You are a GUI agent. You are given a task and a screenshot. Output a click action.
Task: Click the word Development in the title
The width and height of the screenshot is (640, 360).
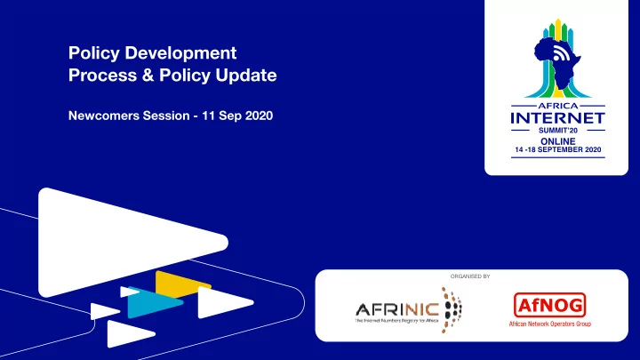[180, 53]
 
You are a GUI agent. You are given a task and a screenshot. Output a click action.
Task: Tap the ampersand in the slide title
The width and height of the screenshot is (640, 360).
[148, 75]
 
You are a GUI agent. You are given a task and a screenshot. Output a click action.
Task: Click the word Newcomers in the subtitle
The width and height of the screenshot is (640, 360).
[104, 116]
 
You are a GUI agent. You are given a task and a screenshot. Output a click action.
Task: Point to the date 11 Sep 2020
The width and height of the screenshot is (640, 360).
[237, 116]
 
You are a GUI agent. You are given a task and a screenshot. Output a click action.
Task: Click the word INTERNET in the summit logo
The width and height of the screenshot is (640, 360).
[558, 118]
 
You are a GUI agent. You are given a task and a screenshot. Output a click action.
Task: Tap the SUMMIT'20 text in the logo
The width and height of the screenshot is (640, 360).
[558, 131]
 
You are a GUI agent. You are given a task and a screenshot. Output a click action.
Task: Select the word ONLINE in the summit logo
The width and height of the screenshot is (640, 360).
[558, 141]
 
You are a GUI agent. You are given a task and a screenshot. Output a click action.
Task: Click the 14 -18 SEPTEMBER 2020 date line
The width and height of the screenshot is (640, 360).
[558, 150]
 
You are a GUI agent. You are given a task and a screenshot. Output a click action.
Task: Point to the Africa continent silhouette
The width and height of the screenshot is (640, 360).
[556, 61]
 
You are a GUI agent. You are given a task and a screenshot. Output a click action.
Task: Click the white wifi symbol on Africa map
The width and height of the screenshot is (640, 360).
[561, 53]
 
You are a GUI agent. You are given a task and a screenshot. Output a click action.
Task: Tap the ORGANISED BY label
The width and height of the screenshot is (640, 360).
[470, 276]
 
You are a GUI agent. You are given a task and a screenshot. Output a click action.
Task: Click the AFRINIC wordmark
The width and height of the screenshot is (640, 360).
[396, 310]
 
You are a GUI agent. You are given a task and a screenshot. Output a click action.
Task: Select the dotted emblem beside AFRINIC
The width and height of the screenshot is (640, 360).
[452, 310]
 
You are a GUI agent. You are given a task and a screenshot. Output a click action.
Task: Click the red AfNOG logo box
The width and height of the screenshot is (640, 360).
[550, 305]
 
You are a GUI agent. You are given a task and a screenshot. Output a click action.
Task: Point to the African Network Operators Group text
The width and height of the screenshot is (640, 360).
[550, 324]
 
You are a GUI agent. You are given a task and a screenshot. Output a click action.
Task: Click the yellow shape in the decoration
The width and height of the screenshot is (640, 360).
[182, 284]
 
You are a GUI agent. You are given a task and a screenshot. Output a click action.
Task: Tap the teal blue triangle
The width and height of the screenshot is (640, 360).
[154, 302]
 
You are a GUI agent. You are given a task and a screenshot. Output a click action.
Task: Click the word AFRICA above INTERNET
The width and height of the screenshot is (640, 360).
[558, 106]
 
